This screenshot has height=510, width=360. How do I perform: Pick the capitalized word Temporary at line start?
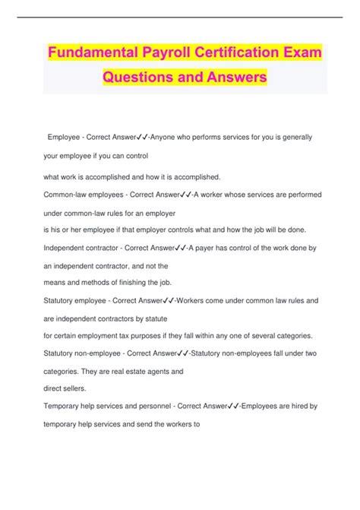(x=64, y=413)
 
